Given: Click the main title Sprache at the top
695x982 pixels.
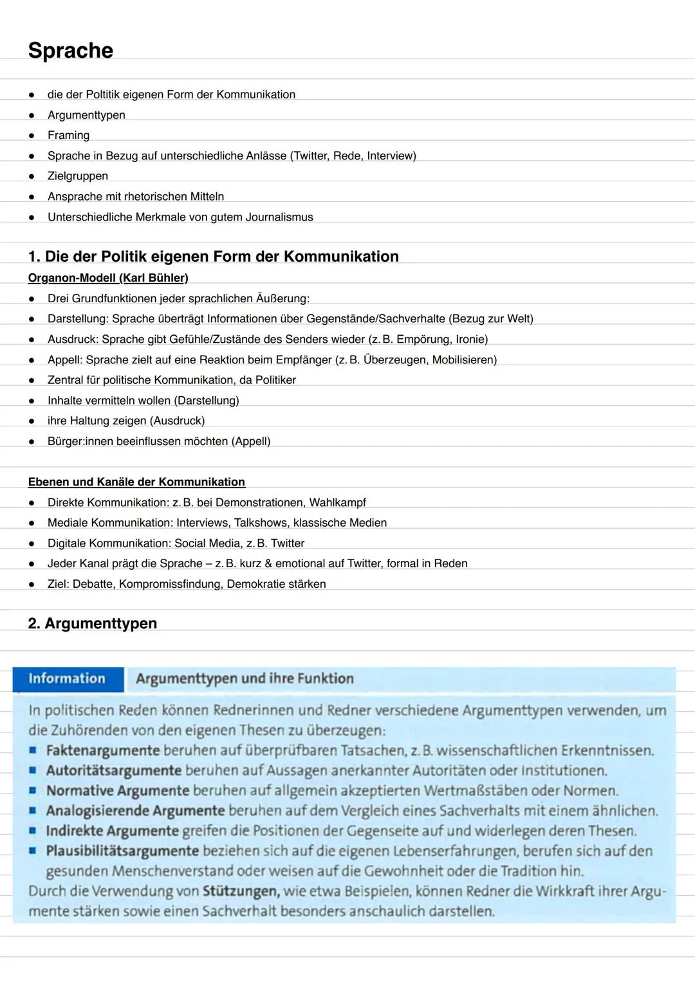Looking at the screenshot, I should click(x=71, y=50).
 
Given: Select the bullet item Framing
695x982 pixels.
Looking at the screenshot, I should click(x=68, y=135).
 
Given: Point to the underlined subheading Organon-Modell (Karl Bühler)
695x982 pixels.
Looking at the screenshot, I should click(x=108, y=278).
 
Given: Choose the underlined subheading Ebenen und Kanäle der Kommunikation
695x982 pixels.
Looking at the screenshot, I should click(x=136, y=482).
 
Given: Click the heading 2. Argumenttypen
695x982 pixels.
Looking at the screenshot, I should click(x=93, y=623).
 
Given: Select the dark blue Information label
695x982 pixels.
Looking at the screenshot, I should click(x=67, y=678).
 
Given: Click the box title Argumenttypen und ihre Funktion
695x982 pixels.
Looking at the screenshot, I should click(x=245, y=678).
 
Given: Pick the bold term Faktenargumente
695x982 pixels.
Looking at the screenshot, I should click(x=102, y=750).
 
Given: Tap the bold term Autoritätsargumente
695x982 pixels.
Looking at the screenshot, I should click(x=113, y=770).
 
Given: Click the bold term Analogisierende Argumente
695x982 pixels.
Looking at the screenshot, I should click(x=135, y=810).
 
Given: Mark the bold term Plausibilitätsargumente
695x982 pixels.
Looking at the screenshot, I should click(x=122, y=851).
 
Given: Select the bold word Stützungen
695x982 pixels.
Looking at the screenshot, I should click(x=240, y=891).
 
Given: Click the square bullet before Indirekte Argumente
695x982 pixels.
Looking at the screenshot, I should click(x=32, y=831).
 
